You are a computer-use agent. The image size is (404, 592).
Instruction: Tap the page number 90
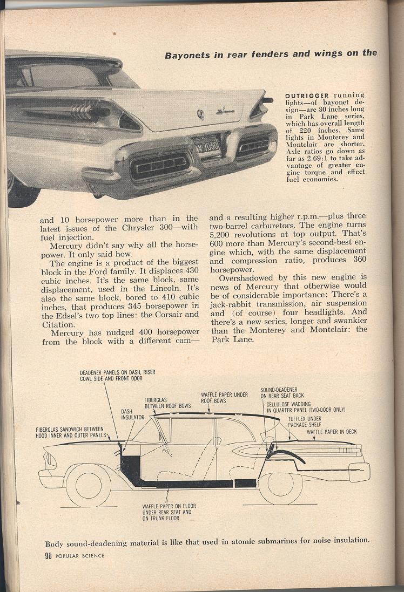point(49,556)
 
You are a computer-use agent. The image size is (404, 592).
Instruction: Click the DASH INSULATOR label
point(132,414)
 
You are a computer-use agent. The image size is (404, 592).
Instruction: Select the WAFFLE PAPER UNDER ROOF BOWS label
point(224,398)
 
